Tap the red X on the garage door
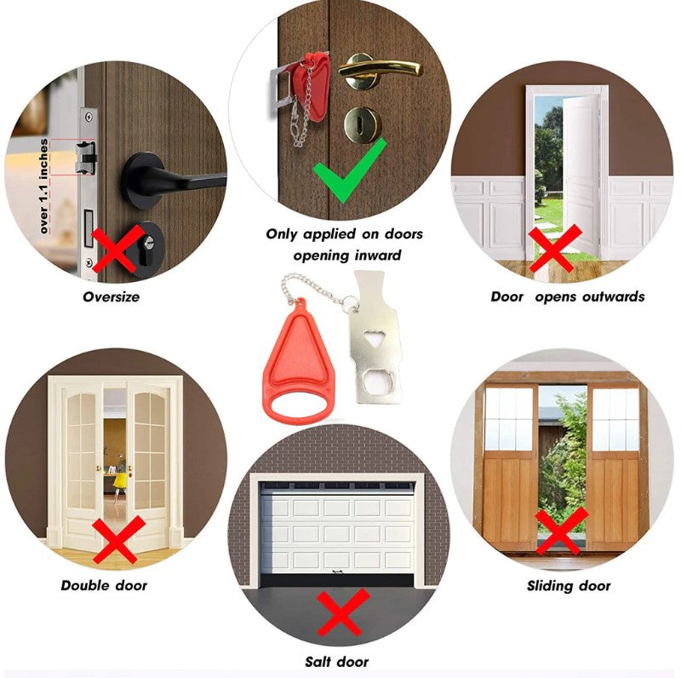343,612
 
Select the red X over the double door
118,539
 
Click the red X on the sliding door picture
561,531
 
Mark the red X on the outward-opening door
555,248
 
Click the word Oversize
112,297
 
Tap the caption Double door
104,585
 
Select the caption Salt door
336,662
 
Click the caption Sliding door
569,586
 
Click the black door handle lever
174,179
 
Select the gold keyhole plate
363,124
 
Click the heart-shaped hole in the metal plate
373,337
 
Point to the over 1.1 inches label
43,187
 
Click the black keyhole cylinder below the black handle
146,250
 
